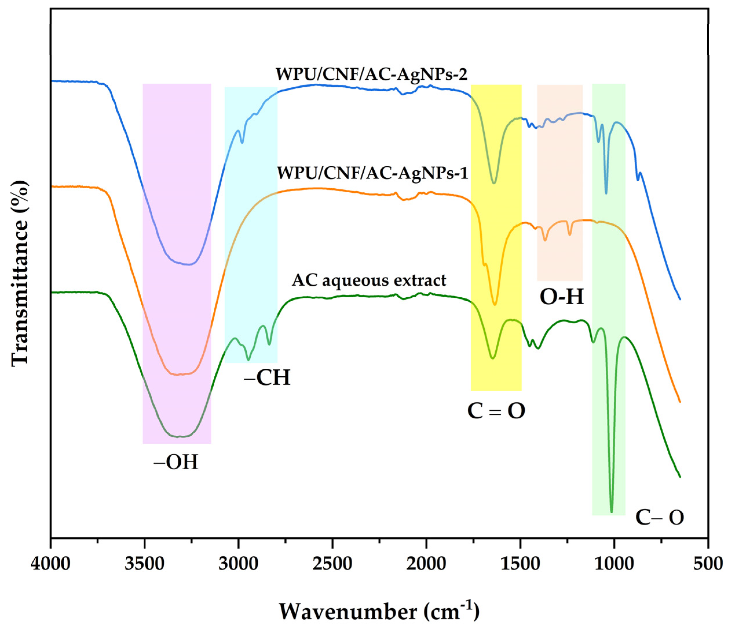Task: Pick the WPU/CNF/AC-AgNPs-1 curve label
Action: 373,173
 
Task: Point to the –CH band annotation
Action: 268,378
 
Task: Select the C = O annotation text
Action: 496,410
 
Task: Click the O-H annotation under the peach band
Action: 562,297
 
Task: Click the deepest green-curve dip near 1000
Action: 611,511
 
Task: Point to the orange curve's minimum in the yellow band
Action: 495,305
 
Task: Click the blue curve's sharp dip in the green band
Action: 606,193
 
